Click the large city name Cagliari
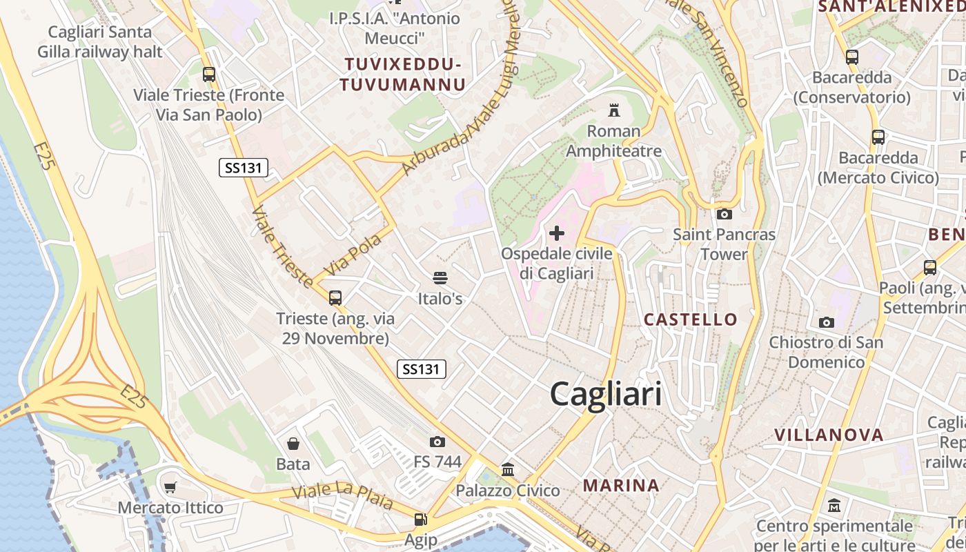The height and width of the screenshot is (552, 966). tap(605, 395)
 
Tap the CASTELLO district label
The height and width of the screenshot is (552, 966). tap(691, 319)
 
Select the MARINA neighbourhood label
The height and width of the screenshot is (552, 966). tap(621, 485)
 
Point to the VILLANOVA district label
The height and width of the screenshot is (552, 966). tap(829, 435)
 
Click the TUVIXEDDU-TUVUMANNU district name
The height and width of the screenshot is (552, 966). tap(403, 75)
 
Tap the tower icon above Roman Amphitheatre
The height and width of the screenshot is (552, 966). tap(613, 110)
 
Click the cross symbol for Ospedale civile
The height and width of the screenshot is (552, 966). tap(557, 233)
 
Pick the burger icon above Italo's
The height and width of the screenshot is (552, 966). tap(440, 278)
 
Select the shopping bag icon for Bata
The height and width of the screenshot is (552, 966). tap(293, 443)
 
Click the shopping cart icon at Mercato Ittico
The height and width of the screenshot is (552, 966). tap(170, 488)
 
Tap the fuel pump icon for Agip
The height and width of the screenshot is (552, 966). tap(420, 519)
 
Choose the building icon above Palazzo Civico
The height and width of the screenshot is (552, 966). tap(508, 470)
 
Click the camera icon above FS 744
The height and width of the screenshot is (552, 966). tap(437, 442)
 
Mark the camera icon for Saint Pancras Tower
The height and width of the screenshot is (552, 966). tap(724, 214)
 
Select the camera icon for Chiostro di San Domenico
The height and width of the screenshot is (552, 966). tap(826, 322)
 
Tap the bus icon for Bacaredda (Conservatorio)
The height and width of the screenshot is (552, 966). tap(852, 57)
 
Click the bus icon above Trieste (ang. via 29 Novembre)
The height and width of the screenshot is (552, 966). tap(335, 298)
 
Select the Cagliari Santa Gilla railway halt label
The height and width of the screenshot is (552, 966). tap(100, 41)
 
